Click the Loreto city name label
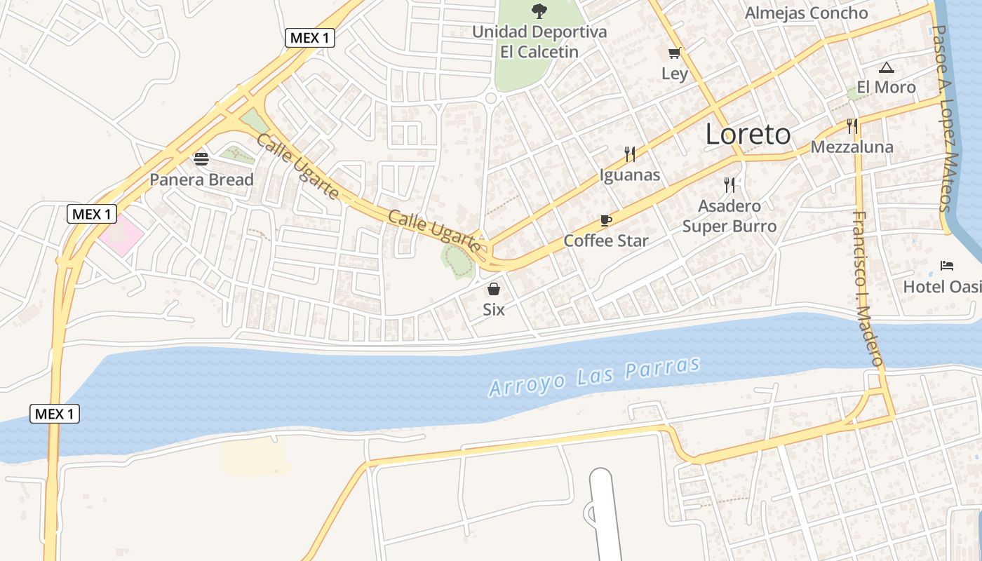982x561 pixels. [748, 134]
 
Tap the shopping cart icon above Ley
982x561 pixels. [675, 53]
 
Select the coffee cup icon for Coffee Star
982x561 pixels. [606, 221]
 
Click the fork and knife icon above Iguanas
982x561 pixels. [630, 154]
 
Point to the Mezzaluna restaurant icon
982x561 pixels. [852, 126]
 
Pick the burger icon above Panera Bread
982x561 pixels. [201, 159]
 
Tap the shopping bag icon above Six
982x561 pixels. [494, 289]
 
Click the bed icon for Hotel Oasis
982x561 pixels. [947, 266]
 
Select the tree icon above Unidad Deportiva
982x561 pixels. [539, 11]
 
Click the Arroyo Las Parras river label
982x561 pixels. [594, 377]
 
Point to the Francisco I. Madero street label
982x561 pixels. [868, 288]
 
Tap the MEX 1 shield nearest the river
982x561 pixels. [55, 414]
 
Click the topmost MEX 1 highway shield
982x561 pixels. [309, 38]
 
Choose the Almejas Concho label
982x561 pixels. [806, 13]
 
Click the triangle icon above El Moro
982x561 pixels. [887, 68]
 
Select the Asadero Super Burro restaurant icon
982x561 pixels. [729, 185]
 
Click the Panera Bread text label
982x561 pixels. [201, 180]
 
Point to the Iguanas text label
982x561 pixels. [630, 175]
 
